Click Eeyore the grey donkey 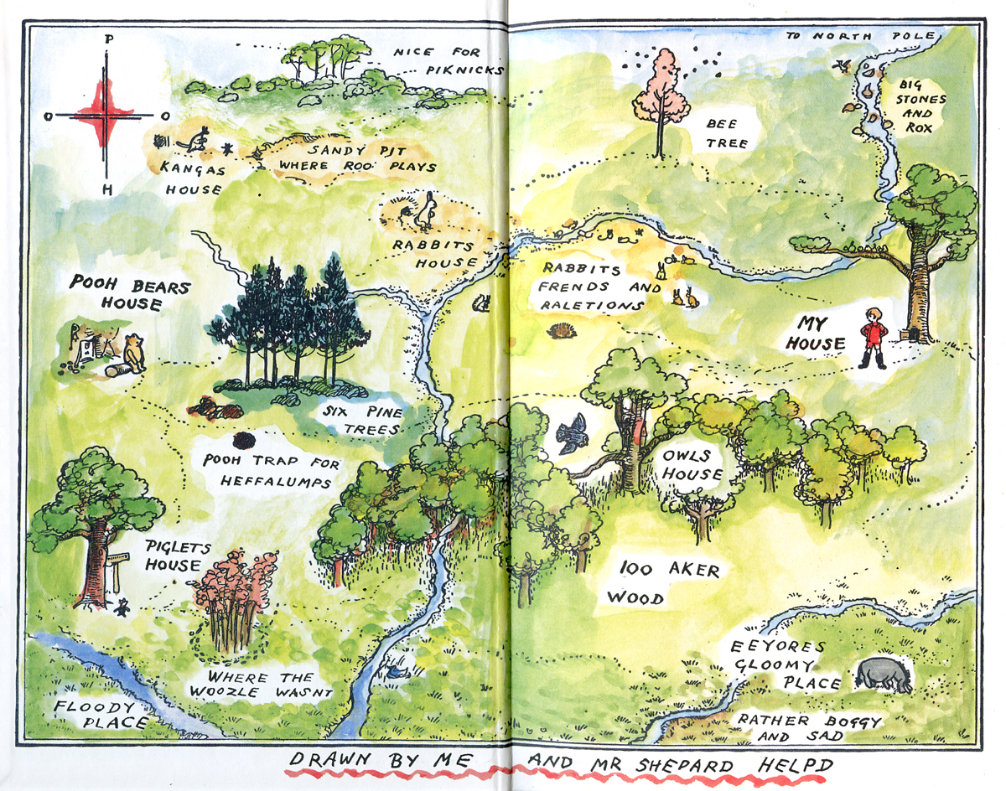point(884,674)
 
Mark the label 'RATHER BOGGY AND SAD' point(804,728)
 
